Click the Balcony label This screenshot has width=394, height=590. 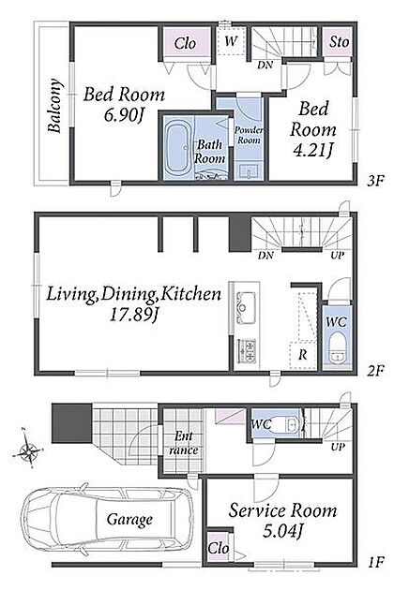[x=55, y=106]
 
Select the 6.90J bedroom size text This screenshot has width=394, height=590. [x=124, y=115]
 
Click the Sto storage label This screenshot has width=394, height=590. [x=339, y=42]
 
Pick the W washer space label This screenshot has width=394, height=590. [x=231, y=40]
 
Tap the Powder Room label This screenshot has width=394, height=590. [x=249, y=135]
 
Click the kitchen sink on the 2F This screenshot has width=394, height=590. [x=246, y=307]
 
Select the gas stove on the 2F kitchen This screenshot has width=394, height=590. [x=246, y=350]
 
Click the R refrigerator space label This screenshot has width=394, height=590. [x=303, y=355]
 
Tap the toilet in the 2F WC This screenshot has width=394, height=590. [x=337, y=347]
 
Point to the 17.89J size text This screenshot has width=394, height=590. [x=133, y=314]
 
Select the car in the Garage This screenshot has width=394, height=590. [x=107, y=519]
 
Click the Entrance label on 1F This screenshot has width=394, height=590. [x=184, y=443]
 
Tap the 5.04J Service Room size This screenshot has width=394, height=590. [x=282, y=531]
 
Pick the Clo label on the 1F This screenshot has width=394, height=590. [x=219, y=548]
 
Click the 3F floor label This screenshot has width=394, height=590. [x=375, y=182]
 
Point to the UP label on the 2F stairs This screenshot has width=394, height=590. [x=338, y=255]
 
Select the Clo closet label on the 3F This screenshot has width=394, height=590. [x=185, y=43]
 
